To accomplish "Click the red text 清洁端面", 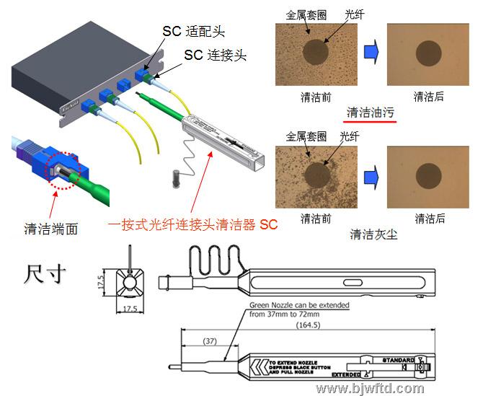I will point(50,229).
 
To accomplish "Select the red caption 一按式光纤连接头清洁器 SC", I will point(193,225).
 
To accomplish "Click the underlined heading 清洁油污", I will point(371,113).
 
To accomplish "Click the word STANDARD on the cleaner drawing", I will point(398,359).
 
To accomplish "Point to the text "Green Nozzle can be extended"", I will point(300,305).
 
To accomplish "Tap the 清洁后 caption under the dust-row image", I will point(430,219).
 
